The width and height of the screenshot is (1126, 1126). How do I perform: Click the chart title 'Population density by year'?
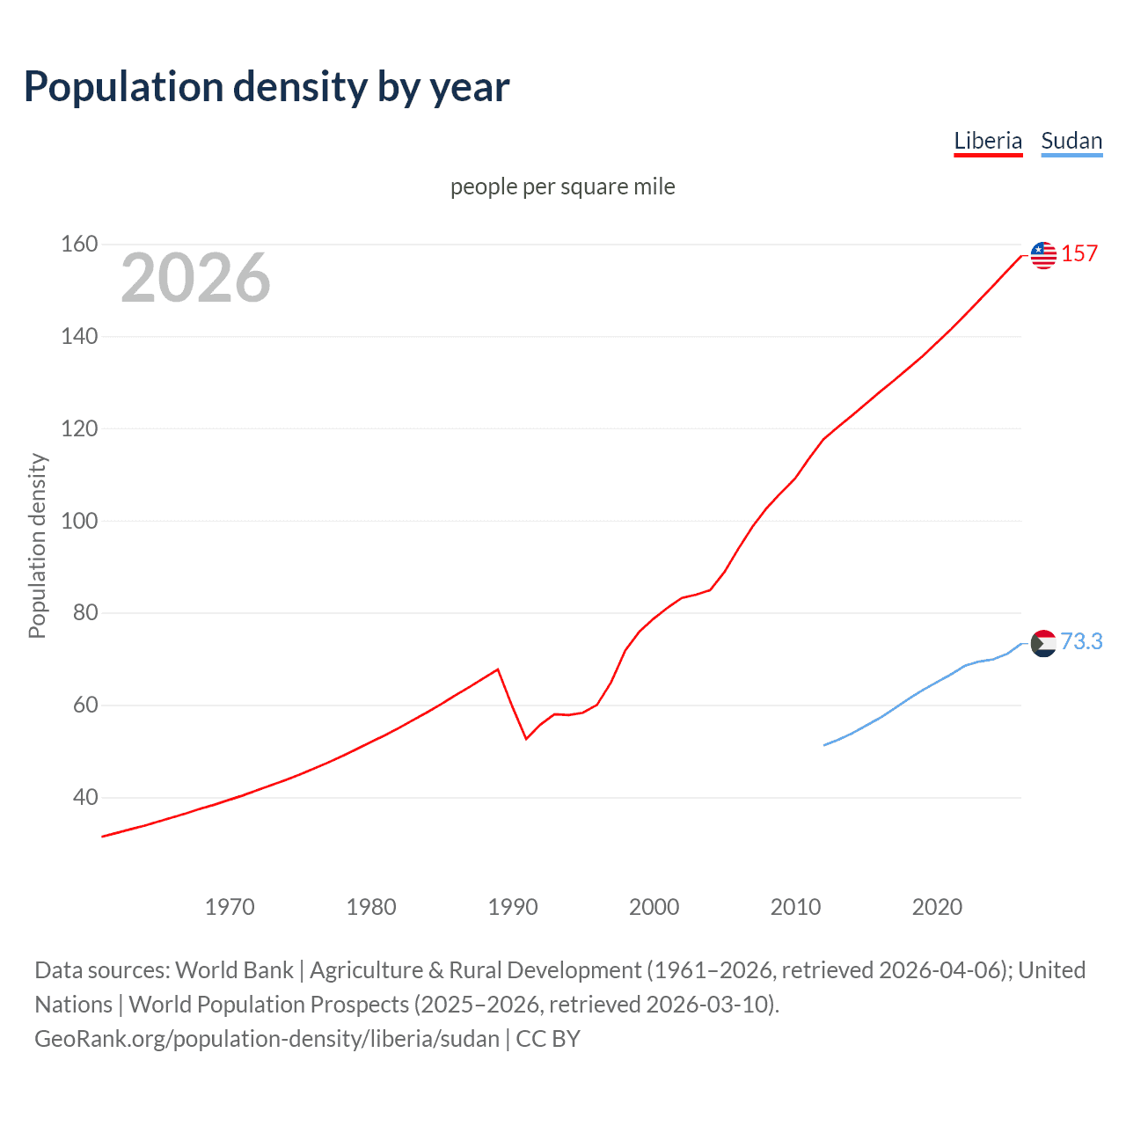tap(267, 87)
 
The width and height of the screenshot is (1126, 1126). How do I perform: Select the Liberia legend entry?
tap(988, 142)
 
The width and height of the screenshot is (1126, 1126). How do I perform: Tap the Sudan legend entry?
tap(1071, 142)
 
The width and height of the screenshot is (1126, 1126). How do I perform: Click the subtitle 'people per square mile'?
tap(562, 187)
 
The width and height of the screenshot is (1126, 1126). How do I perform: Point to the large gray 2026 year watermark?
tap(195, 278)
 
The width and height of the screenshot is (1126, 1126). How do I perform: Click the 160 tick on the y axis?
tap(79, 245)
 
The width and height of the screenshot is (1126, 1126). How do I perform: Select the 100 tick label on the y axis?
tap(79, 521)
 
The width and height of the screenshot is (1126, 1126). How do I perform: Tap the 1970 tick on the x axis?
tap(230, 907)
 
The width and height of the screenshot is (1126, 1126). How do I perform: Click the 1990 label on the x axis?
tap(513, 907)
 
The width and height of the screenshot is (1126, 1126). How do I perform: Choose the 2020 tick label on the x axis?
tap(937, 907)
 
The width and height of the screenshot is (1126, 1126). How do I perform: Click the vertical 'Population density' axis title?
tap(37, 545)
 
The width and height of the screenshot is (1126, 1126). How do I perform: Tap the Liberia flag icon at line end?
tap(1043, 255)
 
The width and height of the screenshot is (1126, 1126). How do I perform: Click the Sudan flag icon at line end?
tap(1043, 644)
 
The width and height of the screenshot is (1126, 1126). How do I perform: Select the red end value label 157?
tap(1079, 254)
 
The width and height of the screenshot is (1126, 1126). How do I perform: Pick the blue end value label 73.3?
tap(1081, 642)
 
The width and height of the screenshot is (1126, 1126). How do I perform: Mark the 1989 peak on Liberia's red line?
tap(498, 669)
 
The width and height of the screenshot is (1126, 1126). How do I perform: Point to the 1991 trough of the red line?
tap(526, 738)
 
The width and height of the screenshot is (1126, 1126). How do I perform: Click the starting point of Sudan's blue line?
tap(824, 745)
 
